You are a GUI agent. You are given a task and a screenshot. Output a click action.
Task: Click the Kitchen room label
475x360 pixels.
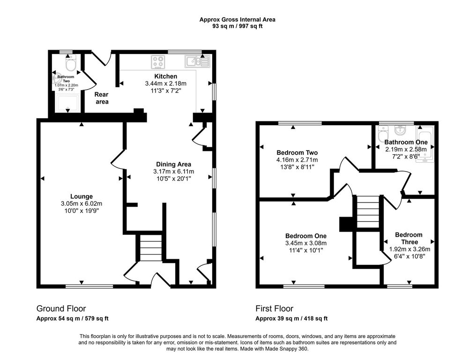point(165,76)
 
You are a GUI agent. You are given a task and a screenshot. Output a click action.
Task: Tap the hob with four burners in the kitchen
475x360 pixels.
point(158,62)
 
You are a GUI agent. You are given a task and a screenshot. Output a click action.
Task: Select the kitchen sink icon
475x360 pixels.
point(197,61)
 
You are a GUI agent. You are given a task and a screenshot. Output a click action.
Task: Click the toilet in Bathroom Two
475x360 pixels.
point(71,63)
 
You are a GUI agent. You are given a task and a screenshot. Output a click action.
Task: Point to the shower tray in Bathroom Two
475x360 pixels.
point(68,103)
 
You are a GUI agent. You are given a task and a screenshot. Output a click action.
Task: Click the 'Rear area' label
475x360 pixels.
point(102,98)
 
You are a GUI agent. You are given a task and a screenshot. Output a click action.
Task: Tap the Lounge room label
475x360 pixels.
point(82,197)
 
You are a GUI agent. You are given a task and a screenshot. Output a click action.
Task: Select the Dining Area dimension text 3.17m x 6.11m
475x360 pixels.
point(174,172)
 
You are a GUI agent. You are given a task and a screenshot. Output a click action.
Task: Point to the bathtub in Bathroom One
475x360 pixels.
point(425,144)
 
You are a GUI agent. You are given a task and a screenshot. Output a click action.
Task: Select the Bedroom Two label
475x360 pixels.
point(297,153)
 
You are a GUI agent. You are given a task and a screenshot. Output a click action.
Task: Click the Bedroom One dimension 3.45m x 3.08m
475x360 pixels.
point(306,243)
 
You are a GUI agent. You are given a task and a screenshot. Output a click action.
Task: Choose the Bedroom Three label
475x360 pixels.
point(409,238)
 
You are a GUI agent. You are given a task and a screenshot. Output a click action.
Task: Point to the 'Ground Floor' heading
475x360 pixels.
point(61,308)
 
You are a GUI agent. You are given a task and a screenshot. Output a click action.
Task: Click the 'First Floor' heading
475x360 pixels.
point(275,308)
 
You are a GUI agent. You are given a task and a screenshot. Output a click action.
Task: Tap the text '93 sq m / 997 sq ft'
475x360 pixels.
point(237,26)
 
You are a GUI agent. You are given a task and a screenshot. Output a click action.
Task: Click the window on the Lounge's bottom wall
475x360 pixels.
point(89,286)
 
